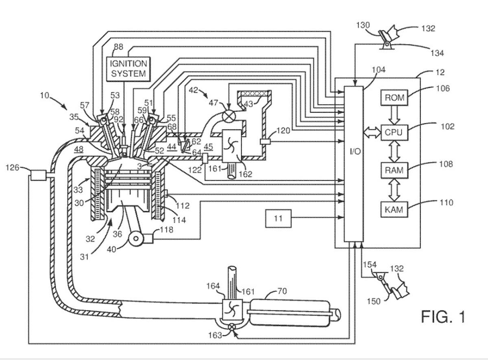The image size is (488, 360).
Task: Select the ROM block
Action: (x=393, y=97)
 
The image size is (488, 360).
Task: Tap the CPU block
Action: (x=393, y=133)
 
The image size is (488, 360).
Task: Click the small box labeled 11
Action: (x=278, y=218)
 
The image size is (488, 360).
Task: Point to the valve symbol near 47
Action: (x=229, y=115)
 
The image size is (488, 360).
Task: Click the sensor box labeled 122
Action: (x=205, y=157)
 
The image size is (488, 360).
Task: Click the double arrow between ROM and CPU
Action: (x=393, y=115)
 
